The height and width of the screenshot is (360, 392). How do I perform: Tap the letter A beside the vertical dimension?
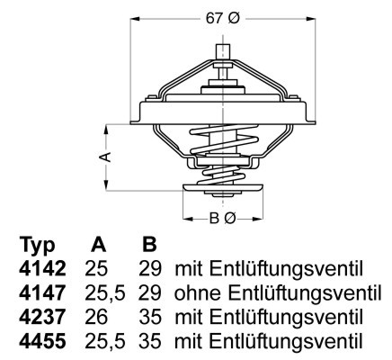pyautogui.click(x=106, y=157)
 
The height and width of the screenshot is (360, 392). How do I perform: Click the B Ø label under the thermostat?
pyautogui.click(x=221, y=218)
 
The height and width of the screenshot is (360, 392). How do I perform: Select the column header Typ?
pyautogui.click(x=38, y=246)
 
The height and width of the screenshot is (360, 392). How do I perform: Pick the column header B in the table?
pyautogui.click(x=148, y=246)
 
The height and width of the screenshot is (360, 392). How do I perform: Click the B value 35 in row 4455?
pyautogui.click(x=150, y=341)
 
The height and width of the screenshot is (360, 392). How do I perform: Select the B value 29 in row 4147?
pyautogui.click(x=150, y=293)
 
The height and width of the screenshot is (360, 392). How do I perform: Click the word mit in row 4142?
pyautogui.click(x=187, y=269)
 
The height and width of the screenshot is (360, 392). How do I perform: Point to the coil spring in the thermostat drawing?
pyautogui.click(x=221, y=148)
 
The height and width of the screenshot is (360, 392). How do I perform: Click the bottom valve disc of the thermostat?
pyautogui.click(x=221, y=187)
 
